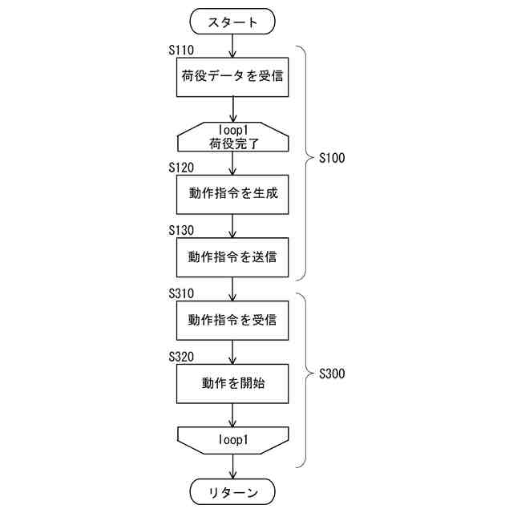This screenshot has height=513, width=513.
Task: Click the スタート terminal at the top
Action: click(232, 22)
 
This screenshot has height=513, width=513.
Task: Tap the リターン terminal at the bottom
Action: click(232, 491)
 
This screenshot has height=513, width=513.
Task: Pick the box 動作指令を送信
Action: click(232, 257)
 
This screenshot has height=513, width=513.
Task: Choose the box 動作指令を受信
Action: click(232, 320)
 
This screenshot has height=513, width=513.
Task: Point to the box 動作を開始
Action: click(232, 383)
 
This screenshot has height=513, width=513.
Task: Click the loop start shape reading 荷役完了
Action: click(232, 137)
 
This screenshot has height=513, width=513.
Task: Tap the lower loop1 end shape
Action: click(232, 440)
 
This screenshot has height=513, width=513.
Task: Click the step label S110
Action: click(182, 50)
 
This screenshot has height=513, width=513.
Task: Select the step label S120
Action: click(182, 168)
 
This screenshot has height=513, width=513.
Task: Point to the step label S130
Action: click(182, 230)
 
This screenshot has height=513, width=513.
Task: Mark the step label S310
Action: click(182, 293)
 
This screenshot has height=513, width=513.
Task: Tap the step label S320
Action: click(182, 355)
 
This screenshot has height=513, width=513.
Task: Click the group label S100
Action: click(331, 158)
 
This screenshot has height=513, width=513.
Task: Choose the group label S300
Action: click(331, 374)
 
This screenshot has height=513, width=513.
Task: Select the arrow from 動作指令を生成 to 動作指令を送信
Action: click(232, 226)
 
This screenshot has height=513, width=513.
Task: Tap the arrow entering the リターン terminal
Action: click(232, 467)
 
